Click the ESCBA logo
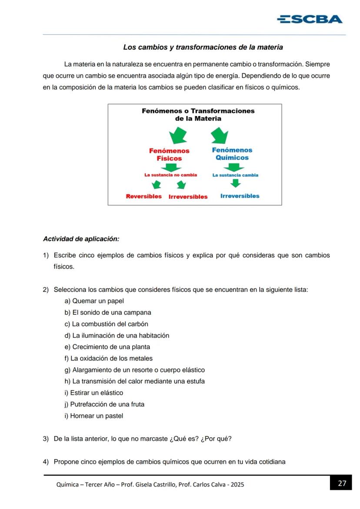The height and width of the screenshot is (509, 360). click(310, 19)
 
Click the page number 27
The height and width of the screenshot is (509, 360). click(342, 483)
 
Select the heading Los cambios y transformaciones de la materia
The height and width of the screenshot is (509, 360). click(203, 47)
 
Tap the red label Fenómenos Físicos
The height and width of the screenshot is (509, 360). click(169, 155)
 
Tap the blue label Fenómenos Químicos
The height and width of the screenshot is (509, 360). click(232, 154)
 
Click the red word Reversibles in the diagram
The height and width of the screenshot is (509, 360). click(143, 196)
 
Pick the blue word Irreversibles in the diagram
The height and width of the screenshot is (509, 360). click(240, 196)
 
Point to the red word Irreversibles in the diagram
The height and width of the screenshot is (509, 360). click(188, 197)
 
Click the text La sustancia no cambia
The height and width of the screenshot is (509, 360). click(170, 175)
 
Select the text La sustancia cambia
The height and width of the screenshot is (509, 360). click(235, 175)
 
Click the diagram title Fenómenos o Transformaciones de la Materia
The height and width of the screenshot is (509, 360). click(198, 115)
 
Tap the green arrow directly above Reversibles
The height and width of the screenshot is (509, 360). click(157, 185)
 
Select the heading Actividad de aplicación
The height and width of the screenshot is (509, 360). click(81, 239)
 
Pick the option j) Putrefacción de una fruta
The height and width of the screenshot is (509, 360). click(104, 405)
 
